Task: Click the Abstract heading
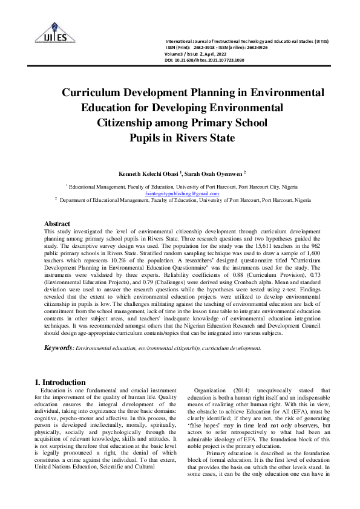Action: click(x=58, y=224)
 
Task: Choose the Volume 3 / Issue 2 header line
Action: click(x=194, y=54)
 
